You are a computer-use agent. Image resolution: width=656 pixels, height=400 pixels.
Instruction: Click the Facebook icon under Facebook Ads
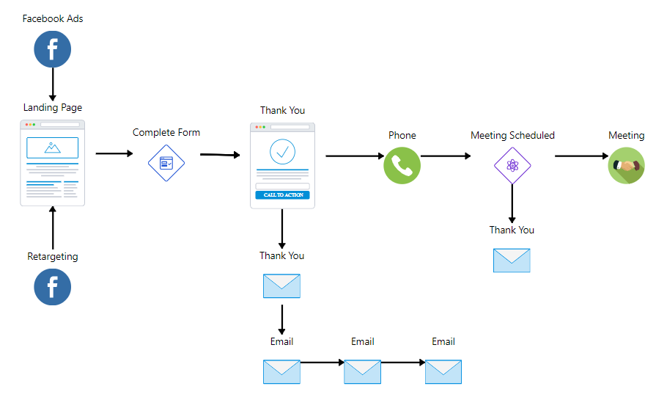pos(53,50)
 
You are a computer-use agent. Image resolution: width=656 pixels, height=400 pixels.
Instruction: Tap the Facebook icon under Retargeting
pos(53,287)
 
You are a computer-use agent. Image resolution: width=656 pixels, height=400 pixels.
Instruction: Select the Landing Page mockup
pos(53,163)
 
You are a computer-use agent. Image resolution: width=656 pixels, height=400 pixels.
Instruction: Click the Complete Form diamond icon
pos(166,163)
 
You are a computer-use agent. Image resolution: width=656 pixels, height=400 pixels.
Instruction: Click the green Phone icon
pos(402,165)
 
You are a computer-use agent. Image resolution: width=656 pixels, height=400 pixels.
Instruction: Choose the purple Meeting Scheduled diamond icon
pos(512,165)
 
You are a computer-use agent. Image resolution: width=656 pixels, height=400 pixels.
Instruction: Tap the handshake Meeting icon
pos(627,165)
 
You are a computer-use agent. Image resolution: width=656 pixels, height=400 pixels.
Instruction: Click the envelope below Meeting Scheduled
pos(512,260)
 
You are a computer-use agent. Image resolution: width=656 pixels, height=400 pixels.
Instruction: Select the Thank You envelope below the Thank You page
pos(281,286)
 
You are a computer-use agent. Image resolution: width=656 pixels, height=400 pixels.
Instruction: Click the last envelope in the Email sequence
pos(443,371)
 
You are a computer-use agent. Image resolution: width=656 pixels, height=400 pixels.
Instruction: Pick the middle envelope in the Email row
pos(362,371)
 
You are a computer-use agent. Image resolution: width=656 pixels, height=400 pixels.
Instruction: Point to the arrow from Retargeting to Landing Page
pos(53,228)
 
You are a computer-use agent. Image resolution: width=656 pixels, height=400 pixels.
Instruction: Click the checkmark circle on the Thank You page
pos(282,151)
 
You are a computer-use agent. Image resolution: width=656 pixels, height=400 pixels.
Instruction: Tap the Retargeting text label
pos(53,257)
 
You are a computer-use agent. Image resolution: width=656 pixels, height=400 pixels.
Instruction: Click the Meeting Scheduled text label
pos(512,135)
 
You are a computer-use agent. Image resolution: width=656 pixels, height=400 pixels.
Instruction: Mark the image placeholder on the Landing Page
pos(52,148)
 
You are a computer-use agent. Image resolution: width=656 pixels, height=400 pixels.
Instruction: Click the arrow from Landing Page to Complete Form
pos(114,153)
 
